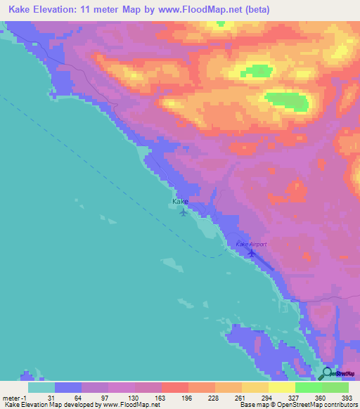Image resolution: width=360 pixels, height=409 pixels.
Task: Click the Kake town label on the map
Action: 180,202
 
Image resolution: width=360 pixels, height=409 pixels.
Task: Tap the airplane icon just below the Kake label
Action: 184,212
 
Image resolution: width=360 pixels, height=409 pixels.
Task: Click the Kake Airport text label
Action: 251,244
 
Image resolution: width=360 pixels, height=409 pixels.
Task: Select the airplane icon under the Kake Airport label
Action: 252,253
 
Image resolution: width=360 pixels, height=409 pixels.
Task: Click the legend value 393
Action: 346,398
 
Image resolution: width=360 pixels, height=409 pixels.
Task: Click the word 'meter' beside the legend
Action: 11,398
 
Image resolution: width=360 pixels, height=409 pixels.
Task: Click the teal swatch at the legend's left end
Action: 41,387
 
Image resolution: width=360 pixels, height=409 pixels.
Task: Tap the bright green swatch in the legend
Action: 308,387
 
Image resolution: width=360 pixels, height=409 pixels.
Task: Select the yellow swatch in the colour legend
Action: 281,387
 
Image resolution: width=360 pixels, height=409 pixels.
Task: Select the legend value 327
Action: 293,398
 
